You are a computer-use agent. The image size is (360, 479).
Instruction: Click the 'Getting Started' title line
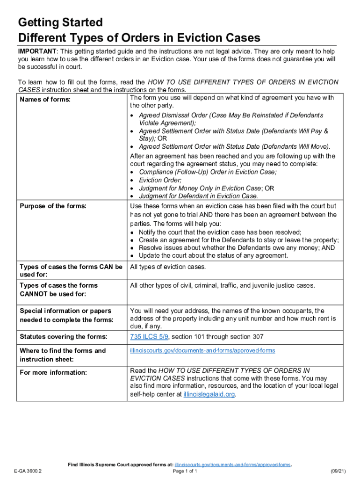60,22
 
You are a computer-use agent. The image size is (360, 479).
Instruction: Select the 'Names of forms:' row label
45,100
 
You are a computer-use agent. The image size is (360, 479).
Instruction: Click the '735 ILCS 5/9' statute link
149,337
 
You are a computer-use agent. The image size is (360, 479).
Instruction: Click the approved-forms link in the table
202,350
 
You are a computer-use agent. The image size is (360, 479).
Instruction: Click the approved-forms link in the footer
232,465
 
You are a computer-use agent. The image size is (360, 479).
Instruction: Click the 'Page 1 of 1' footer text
185,472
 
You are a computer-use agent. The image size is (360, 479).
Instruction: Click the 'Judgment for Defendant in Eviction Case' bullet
198,196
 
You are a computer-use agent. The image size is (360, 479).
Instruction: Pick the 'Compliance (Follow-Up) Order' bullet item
208,172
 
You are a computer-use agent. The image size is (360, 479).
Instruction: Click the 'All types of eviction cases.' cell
168,267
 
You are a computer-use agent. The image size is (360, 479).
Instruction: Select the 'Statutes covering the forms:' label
63,337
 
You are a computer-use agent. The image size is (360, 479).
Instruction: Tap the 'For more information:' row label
53,372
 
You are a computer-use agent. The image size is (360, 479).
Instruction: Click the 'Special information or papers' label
65,311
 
